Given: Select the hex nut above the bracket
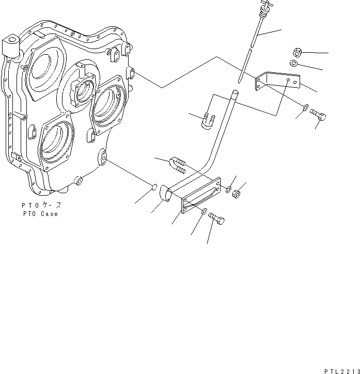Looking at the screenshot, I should [297, 52].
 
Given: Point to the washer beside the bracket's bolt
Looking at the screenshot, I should [306, 107].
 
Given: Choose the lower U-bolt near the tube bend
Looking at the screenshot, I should [177, 165].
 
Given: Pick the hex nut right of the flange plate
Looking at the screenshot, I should [233, 194].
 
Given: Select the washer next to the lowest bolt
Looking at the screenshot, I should [205, 210].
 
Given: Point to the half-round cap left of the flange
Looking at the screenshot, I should [166, 194].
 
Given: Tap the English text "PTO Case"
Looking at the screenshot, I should [40, 214].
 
